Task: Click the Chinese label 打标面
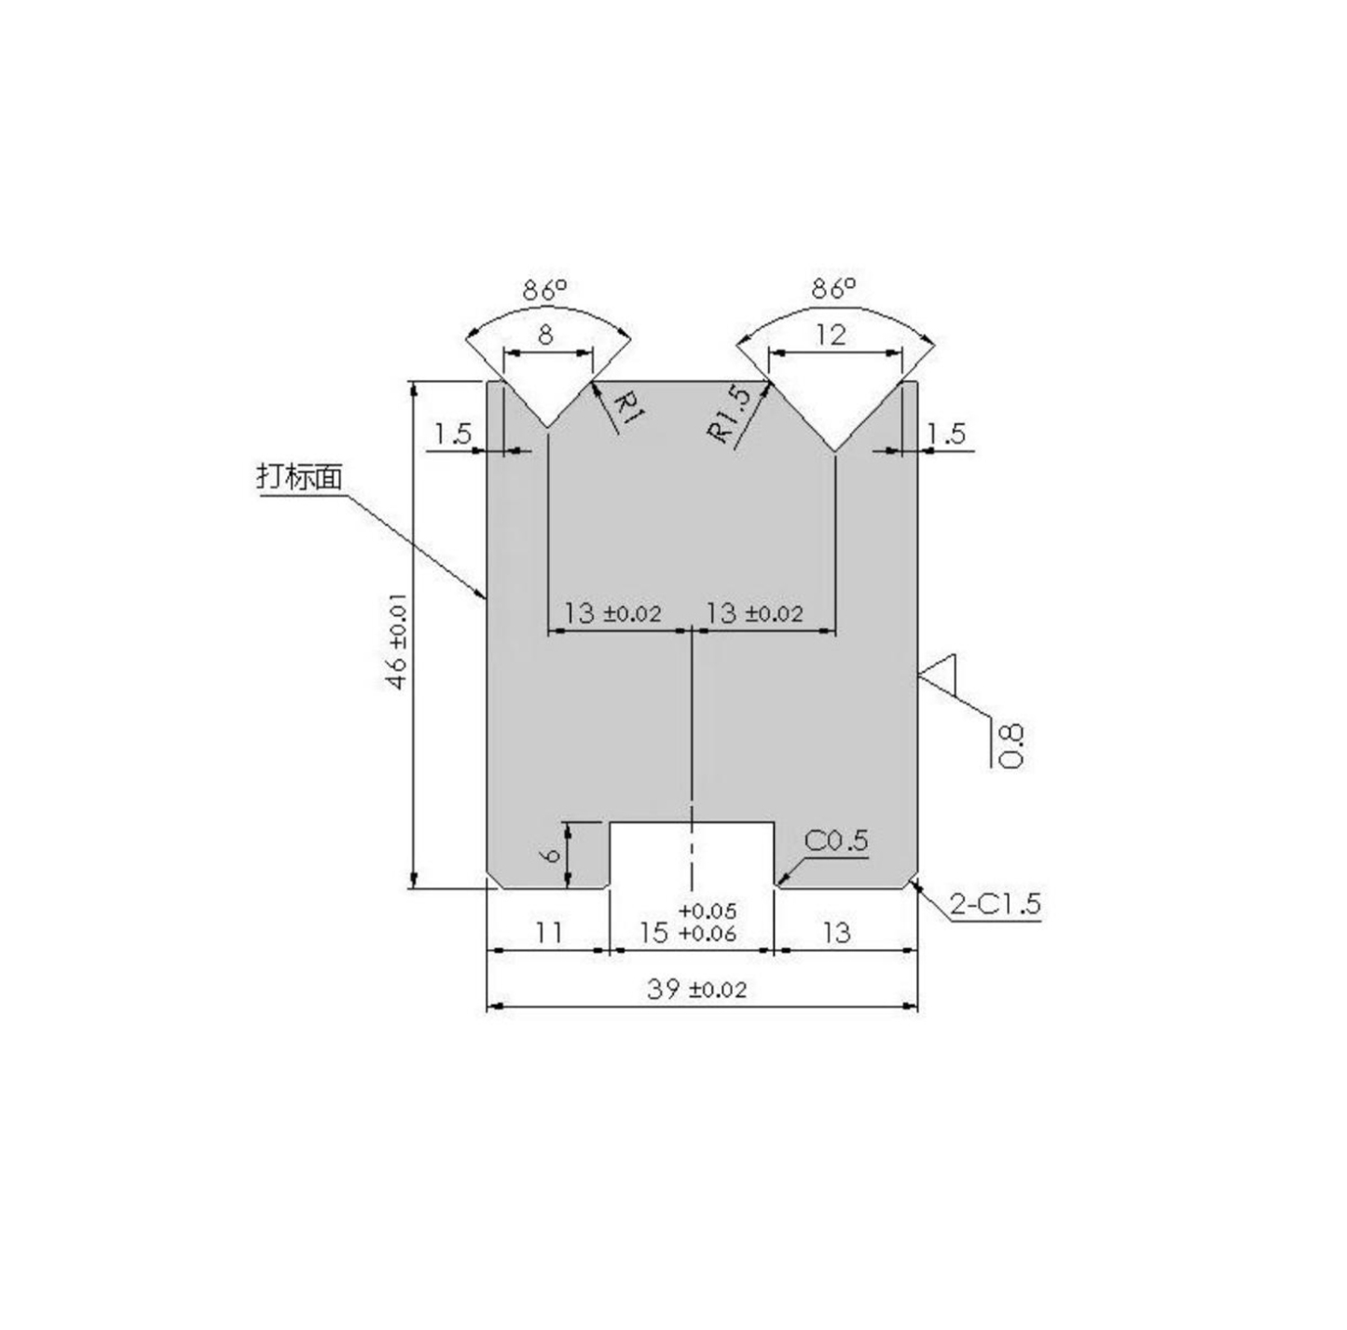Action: pos(299,476)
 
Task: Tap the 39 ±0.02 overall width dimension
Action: pos(696,989)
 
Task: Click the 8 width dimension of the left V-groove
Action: pos(546,335)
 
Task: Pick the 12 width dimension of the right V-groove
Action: pos(831,335)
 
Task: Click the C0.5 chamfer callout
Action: pos(835,841)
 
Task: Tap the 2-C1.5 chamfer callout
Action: pos(994,903)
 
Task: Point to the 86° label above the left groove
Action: pos(545,290)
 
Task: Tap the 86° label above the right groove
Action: pos(832,289)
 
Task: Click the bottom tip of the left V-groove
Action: pos(548,428)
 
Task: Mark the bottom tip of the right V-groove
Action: pos(835,452)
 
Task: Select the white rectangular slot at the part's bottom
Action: pos(692,853)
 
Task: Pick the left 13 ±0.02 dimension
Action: pos(612,613)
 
